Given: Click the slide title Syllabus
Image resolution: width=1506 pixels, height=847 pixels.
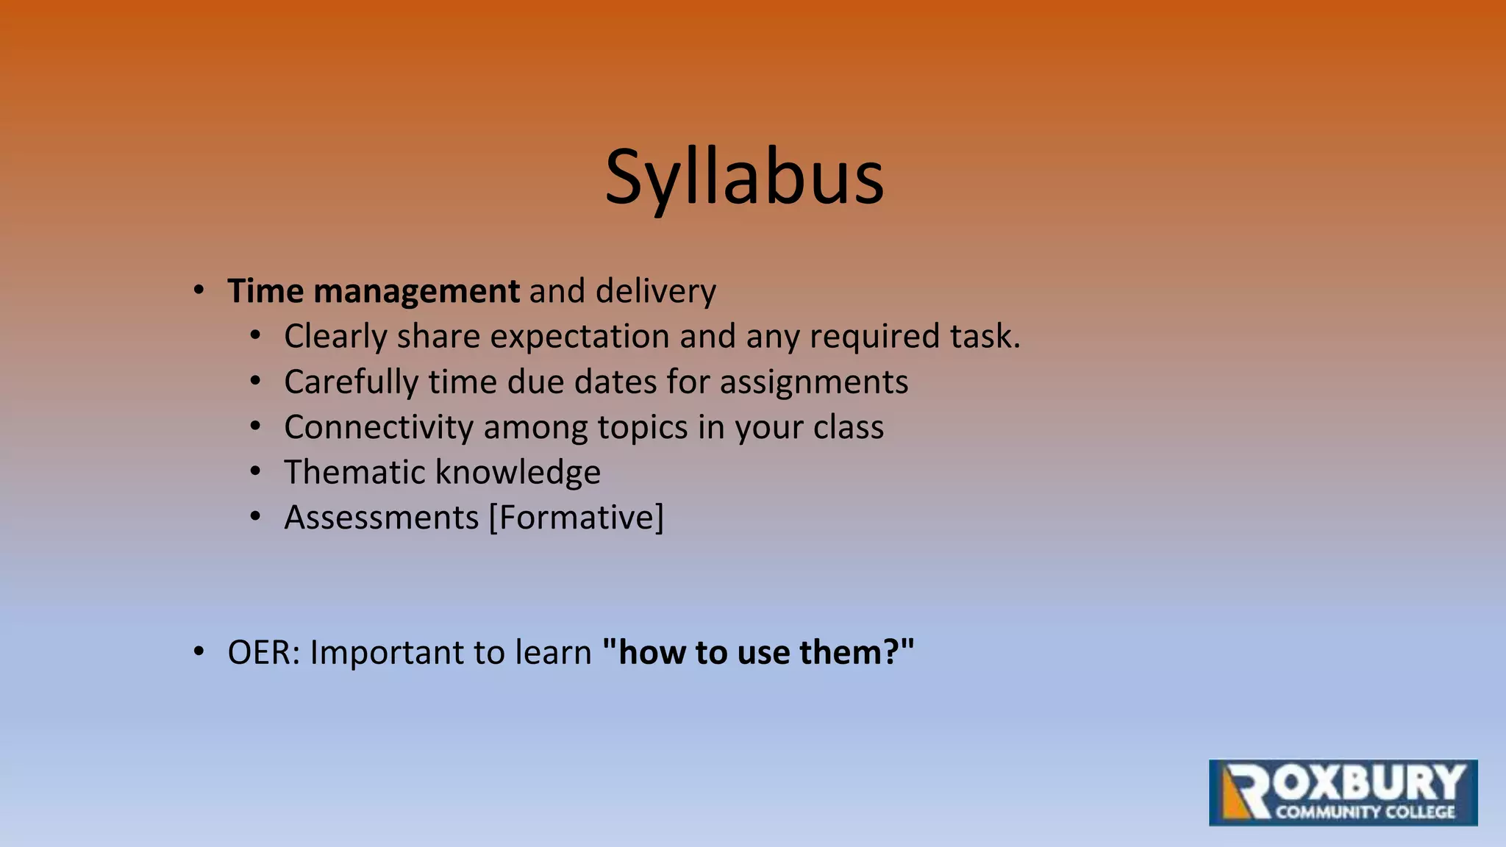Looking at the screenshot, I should point(744,179).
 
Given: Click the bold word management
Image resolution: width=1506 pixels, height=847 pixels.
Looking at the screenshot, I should point(416,292).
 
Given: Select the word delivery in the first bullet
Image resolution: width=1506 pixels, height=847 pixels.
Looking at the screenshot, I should point(655,291).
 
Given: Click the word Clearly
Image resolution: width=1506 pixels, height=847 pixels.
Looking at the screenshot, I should point(335,337).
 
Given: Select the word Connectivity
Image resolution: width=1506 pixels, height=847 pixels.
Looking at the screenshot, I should point(379,427).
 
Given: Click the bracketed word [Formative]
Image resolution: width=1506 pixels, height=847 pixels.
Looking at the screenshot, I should point(577,518).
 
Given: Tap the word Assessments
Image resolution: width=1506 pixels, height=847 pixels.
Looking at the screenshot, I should point(381,518).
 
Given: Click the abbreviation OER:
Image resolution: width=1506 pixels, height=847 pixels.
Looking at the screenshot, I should point(264,653).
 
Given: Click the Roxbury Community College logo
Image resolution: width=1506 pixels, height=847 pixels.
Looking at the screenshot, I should point(1343,793).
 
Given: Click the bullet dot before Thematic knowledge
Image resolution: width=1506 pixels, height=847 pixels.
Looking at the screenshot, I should point(255,471).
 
